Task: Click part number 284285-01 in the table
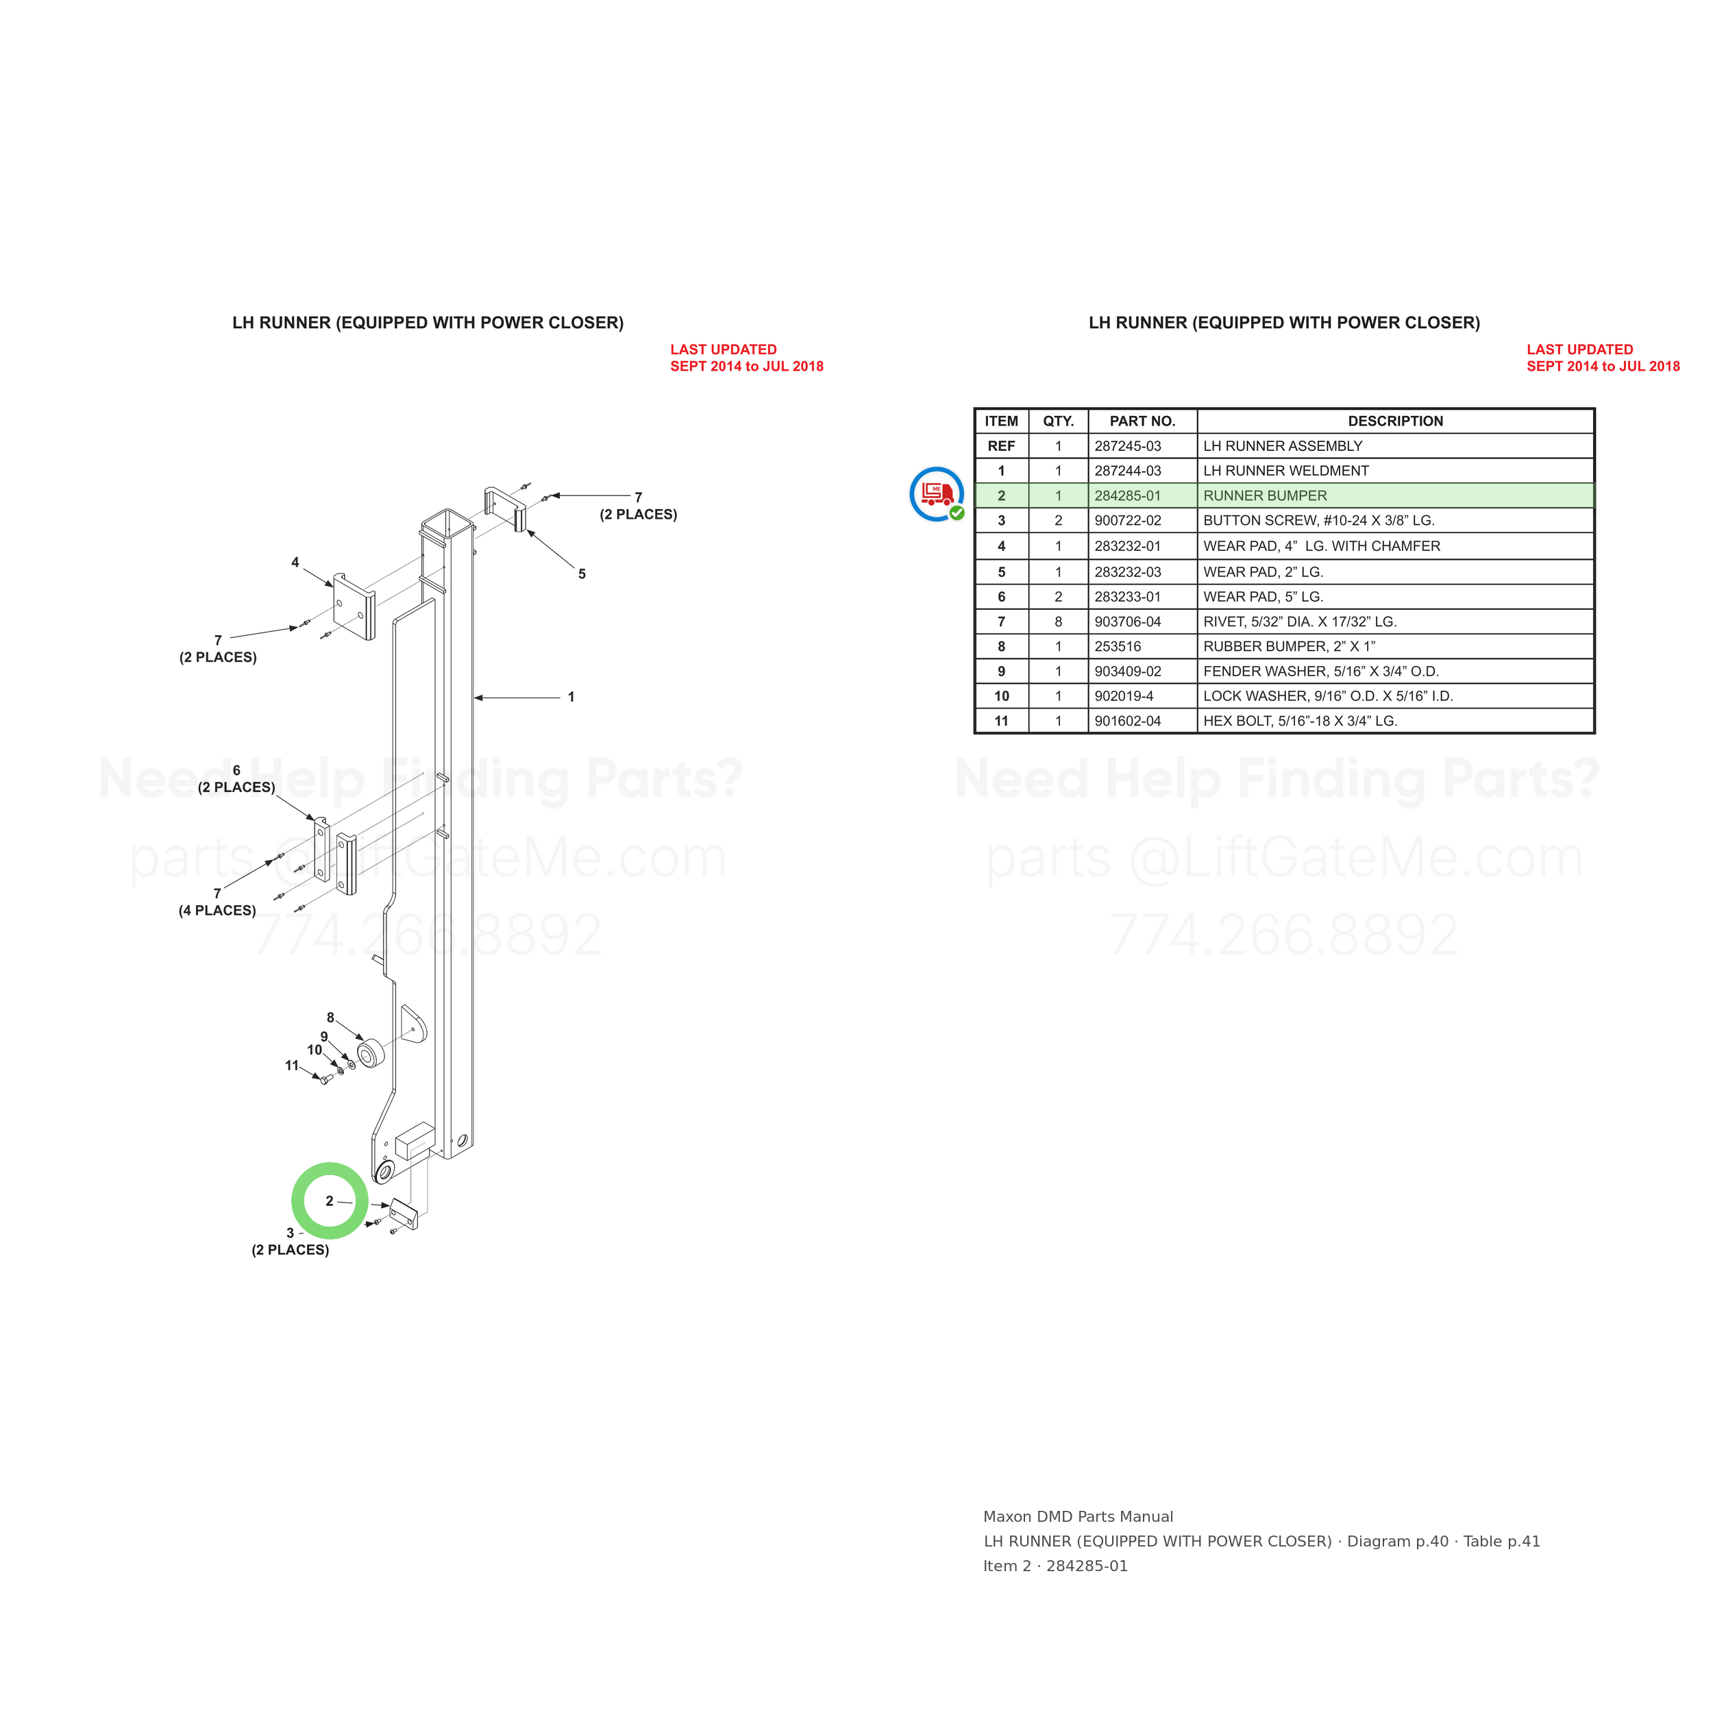[1127, 495]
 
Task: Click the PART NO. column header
[1142, 421]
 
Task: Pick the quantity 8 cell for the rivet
[1058, 621]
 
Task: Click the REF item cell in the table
[1001, 446]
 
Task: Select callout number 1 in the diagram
[571, 697]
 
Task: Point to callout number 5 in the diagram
[582, 574]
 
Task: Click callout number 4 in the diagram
[295, 562]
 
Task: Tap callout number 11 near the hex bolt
[292, 1065]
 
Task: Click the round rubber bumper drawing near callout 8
[370, 1055]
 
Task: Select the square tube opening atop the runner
[446, 523]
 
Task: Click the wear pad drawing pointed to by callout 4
[354, 606]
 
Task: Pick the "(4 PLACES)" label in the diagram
[217, 911]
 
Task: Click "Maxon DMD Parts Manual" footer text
[1078, 1517]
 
